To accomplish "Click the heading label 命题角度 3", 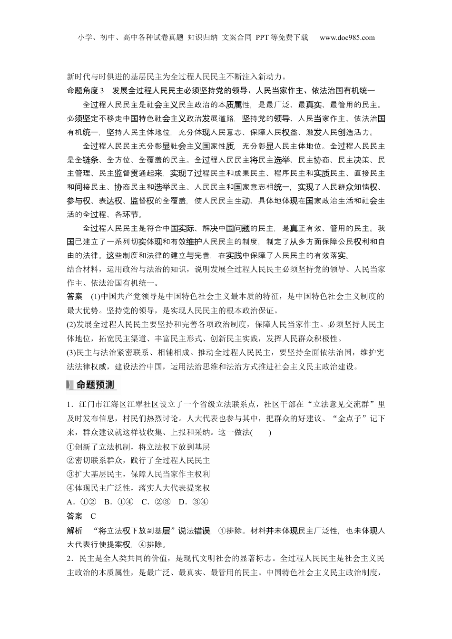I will click(x=88, y=90).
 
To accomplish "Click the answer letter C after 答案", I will click(x=93, y=516).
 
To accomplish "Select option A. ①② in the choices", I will click(x=82, y=502).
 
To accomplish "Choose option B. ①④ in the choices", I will click(x=118, y=502).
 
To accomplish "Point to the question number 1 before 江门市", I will click(x=69, y=405).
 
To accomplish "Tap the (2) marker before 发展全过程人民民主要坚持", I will click(x=71, y=325).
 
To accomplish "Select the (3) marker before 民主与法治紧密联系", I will click(x=71, y=352).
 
